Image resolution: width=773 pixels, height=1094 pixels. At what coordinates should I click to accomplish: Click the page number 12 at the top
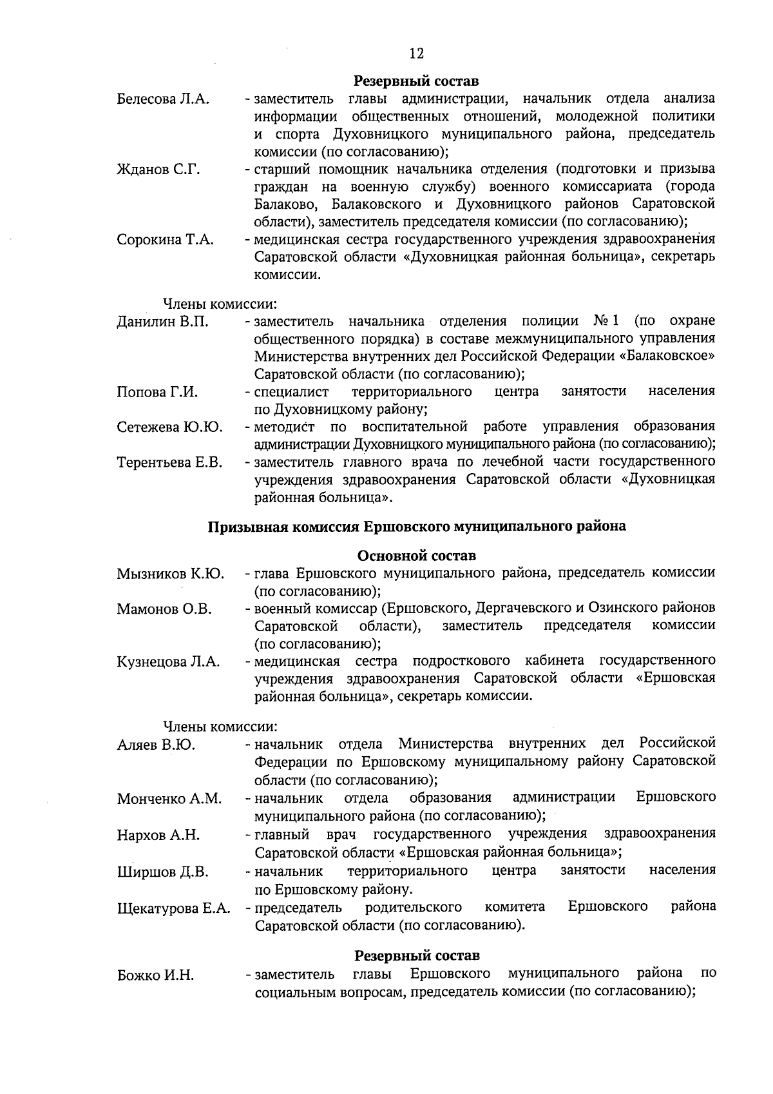[416, 53]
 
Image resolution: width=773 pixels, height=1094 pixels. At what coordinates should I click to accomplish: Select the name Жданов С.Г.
[158, 170]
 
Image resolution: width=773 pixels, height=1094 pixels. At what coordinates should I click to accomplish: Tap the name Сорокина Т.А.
[166, 240]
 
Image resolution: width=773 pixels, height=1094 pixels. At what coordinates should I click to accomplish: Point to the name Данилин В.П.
[163, 322]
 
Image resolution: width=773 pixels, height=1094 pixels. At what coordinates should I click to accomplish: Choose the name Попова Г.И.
[157, 393]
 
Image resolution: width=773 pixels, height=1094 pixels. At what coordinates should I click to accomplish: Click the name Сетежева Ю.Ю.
[170, 427]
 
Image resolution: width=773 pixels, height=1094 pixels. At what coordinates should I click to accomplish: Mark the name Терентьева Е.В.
[169, 463]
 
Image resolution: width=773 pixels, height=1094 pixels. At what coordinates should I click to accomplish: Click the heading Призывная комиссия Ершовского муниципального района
[416, 527]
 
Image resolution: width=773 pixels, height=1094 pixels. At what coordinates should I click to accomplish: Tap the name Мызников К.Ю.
[171, 574]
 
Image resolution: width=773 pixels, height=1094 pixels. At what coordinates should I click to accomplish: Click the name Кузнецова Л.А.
[169, 662]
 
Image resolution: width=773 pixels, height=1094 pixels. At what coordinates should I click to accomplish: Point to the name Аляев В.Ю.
[157, 745]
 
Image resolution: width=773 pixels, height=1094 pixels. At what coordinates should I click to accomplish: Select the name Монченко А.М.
[169, 799]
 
